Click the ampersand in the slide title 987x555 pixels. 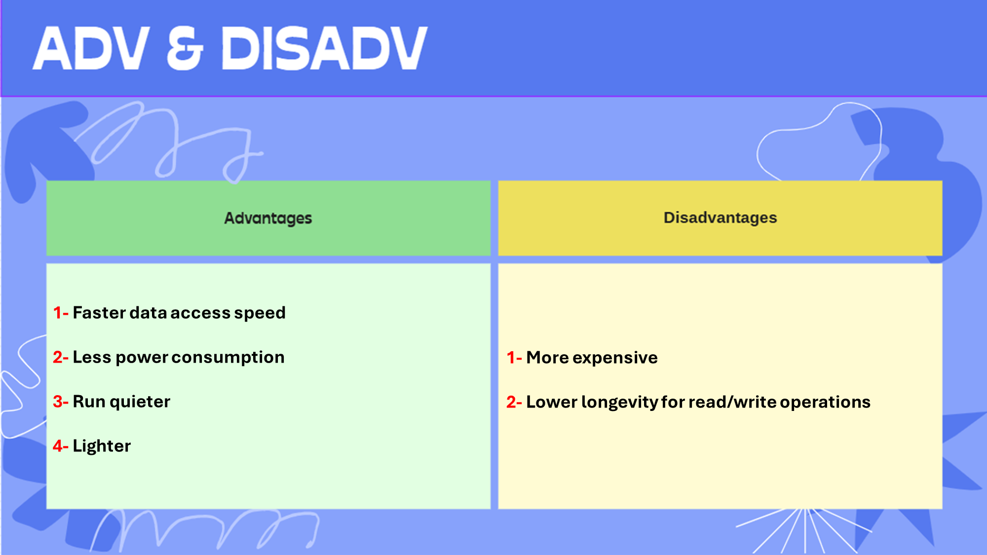[x=185, y=48]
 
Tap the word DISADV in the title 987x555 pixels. [x=324, y=48]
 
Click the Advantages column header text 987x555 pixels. [x=268, y=218]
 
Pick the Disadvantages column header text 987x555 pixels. [x=720, y=218]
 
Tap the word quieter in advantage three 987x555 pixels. [x=140, y=402]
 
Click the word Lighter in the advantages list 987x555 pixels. [x=102, y=446]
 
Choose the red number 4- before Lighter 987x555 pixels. [x=60, y=446]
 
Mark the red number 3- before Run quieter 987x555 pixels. [x=60, y=402]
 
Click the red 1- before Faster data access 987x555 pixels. [x=60, y=313]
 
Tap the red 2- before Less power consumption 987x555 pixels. [x=60, y=357]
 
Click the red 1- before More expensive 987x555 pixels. [x=514, y=358]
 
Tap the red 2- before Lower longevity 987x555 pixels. [x=514, y=402]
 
